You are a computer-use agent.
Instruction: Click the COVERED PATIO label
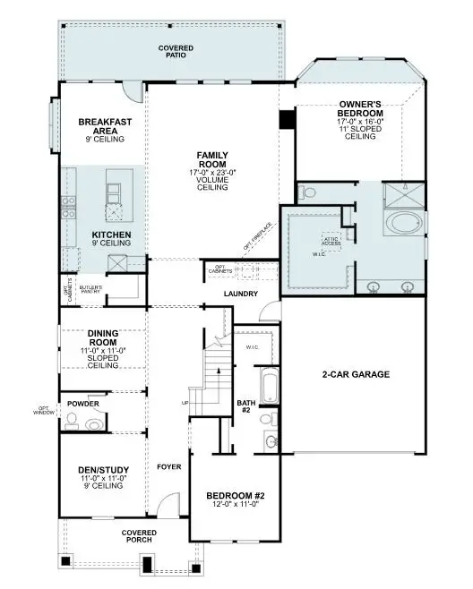[x=176, y=51]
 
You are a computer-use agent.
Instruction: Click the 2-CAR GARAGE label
[x=356, y=374]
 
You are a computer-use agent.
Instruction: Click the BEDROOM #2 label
[x=235, y=496]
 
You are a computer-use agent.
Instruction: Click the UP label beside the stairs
[x=185, y=404]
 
